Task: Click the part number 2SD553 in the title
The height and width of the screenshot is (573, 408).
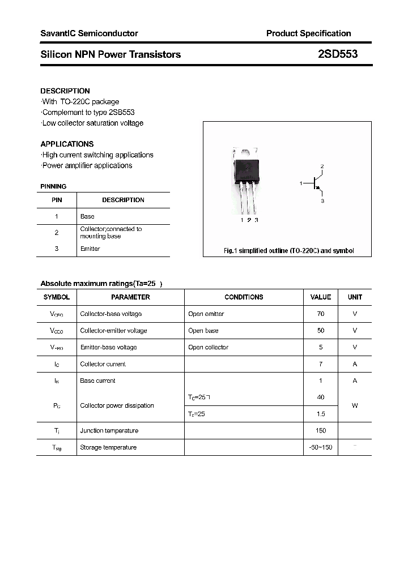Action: (338, 54)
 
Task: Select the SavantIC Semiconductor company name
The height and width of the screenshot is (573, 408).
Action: (89, 33)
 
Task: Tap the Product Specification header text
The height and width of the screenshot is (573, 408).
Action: (308, 33)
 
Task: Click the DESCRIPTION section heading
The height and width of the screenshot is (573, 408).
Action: (65, 91)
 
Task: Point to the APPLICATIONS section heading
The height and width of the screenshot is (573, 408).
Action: (67, 144)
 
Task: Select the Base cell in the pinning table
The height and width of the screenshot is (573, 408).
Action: (87, 216)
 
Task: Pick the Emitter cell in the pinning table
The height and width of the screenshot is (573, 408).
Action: (90, 249)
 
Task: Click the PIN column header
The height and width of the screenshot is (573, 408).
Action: (57, 200)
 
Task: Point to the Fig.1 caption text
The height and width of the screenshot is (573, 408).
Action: (288, 250)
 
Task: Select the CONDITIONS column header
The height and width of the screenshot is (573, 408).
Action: (244, 297)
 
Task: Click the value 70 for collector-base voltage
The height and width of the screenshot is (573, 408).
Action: (321, 314)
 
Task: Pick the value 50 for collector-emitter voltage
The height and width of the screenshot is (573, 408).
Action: (321, 330)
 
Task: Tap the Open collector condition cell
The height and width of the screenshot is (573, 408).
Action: (208, 347)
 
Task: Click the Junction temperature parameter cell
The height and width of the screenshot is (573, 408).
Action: (109, 430)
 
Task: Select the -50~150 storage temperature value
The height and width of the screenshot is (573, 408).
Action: (321, 447)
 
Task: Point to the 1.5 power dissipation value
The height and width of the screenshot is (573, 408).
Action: (321, 414)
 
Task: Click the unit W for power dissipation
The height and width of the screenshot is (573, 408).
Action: (355, 405)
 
